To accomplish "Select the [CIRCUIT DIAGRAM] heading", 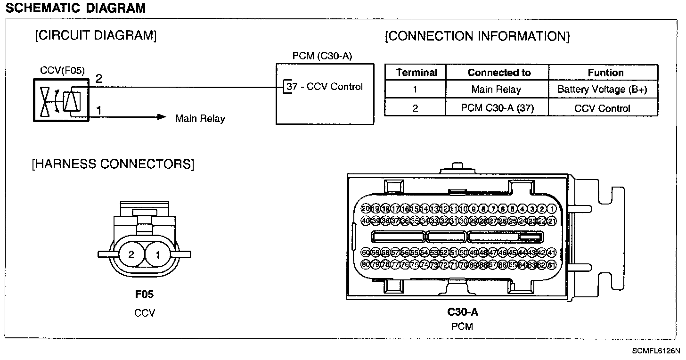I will (96, 36).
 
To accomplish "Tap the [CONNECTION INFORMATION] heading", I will (477, 36).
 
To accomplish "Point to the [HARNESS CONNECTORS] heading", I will (113, 164).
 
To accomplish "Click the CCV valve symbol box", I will (61, 100).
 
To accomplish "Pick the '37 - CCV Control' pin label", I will (325, 87).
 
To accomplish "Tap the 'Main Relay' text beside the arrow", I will (200, 118).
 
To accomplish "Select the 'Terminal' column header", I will (416, 73).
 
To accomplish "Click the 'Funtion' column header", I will (605, 73).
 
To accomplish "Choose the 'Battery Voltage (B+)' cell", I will (603, 90).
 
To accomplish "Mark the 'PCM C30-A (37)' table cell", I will (497, 108).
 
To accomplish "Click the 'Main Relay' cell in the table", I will (496, 90).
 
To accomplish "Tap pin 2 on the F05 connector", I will (131, 254).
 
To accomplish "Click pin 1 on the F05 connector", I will (158, 254).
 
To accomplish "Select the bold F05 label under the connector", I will (144, 295).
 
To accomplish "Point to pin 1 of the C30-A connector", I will (552, 209).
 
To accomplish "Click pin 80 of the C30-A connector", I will (366, 264).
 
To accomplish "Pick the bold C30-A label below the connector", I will (463, 312).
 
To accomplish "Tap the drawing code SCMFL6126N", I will (656, 351).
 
